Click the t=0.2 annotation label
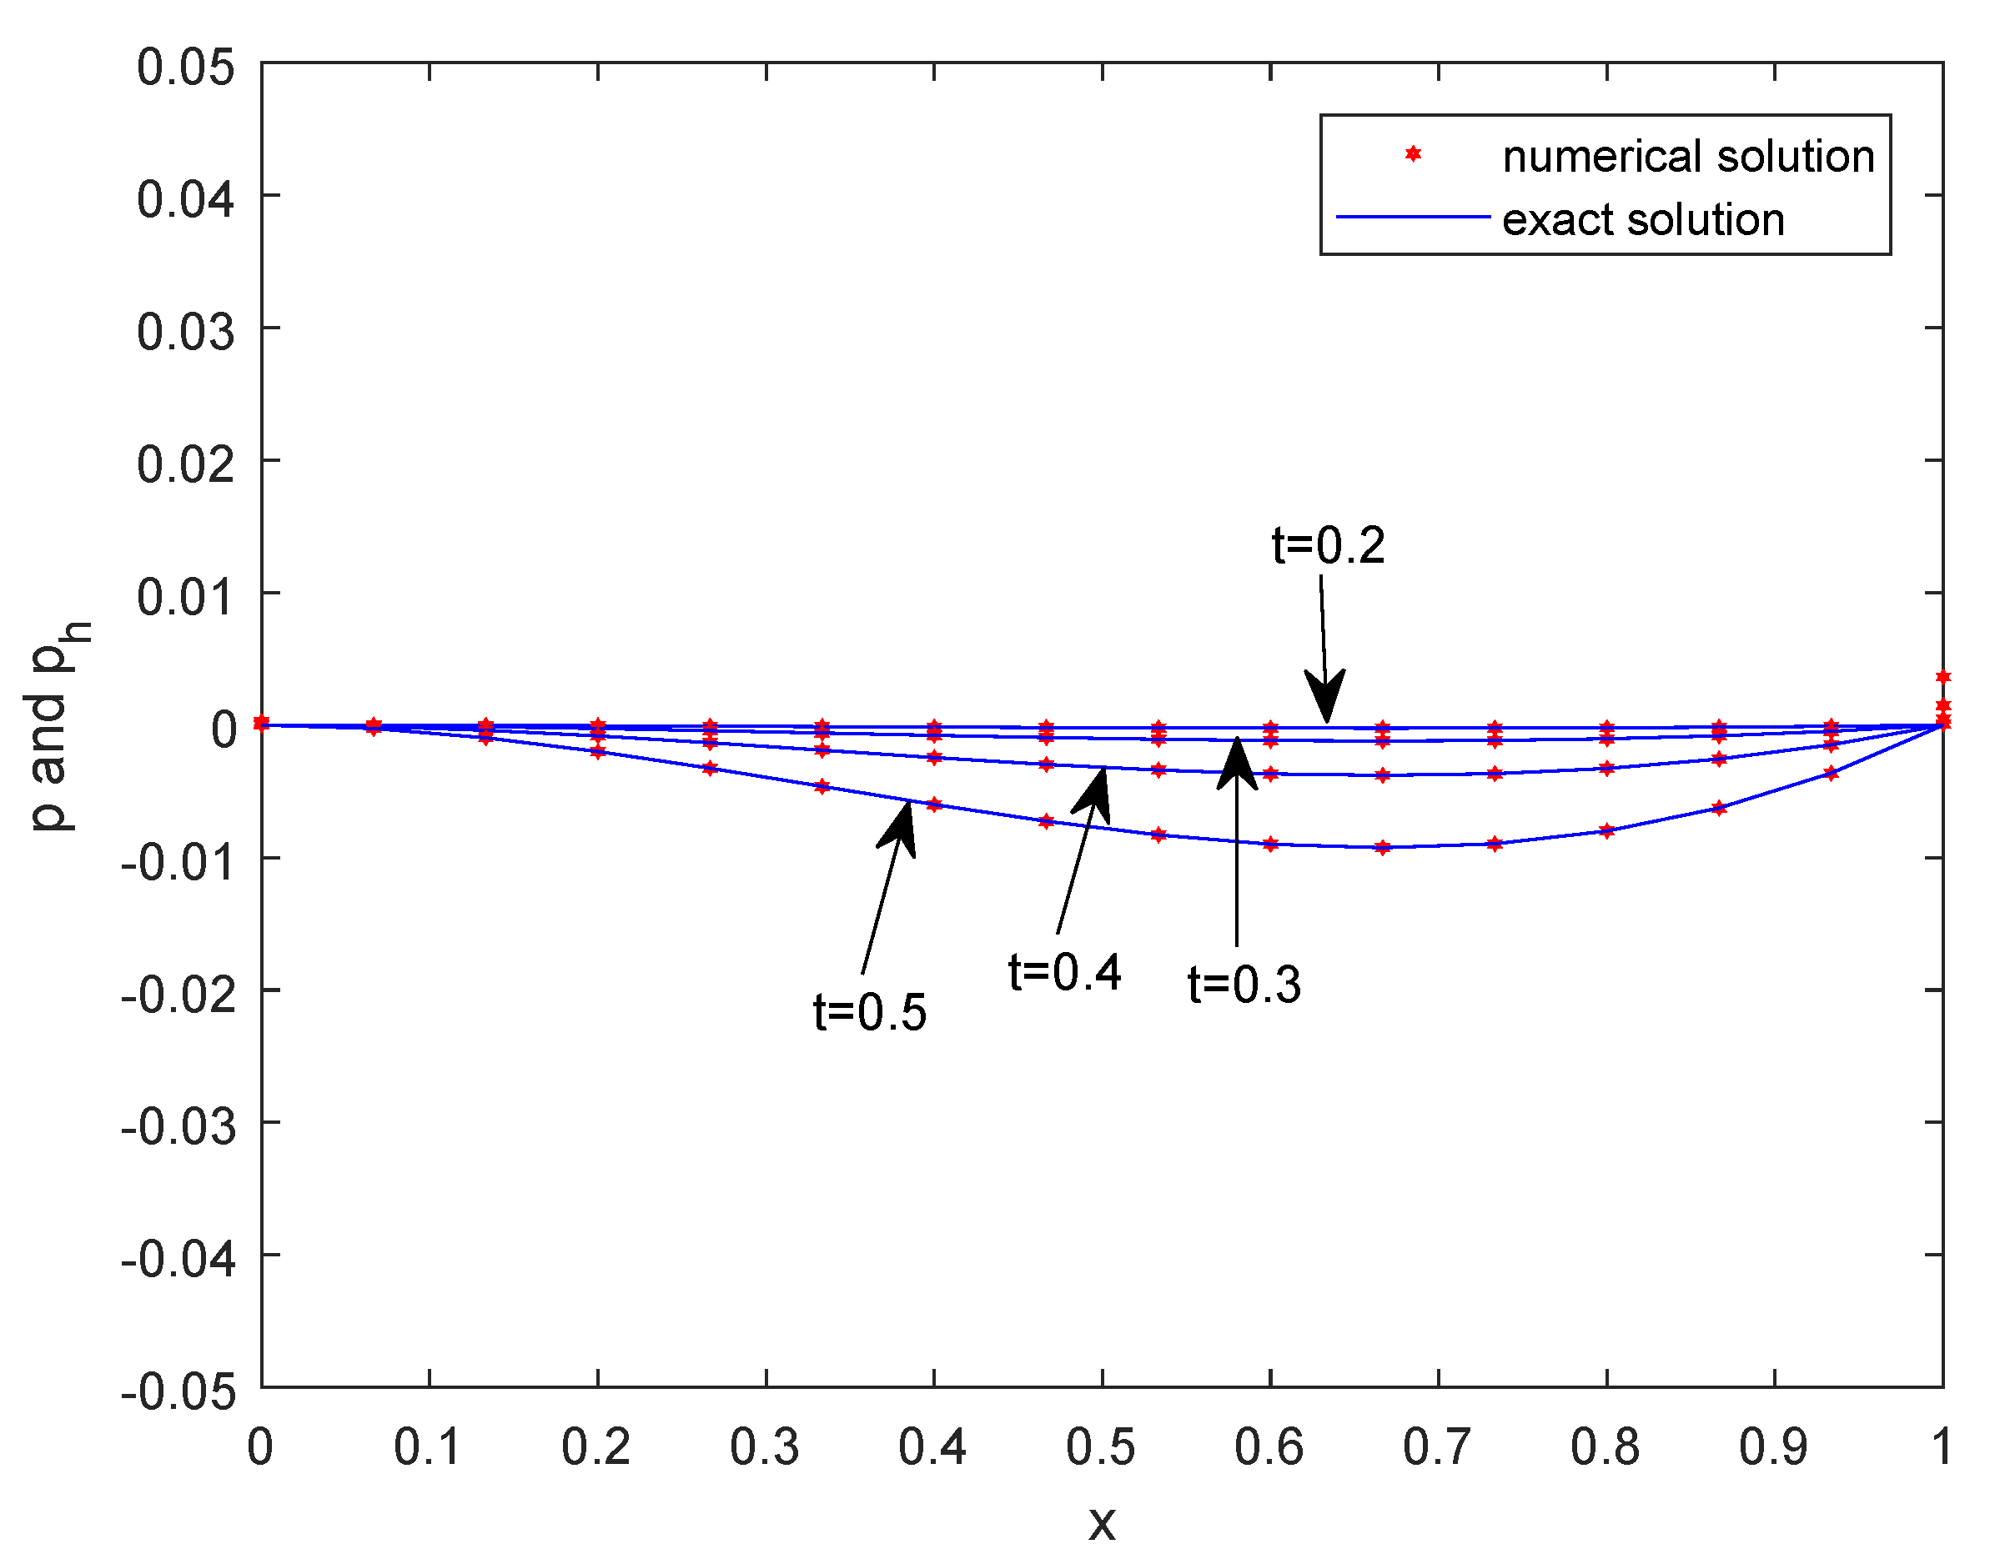1327,547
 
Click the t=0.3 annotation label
1243,986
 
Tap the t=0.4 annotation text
1063,972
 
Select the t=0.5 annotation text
869,1013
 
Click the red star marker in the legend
1413,155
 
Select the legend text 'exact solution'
1642,221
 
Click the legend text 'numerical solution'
1688,157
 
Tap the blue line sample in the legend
1413,218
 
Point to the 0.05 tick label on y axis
186,68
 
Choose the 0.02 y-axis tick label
186,464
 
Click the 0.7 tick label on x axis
1436,1448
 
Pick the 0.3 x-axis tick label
764,1448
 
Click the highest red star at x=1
1942,677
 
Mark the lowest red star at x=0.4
933,804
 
